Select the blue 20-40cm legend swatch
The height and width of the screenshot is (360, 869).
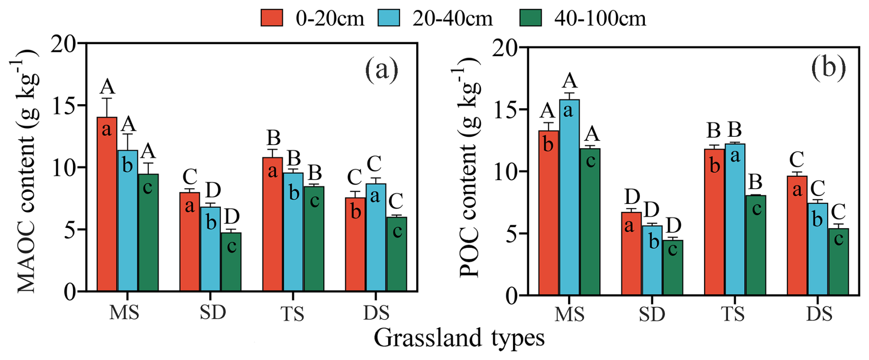pos(389,17)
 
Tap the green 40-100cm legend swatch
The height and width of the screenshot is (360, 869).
pos(530,17)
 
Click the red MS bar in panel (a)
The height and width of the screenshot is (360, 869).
pos(107,204)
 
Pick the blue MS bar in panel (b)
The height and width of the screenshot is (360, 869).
pos(569,197)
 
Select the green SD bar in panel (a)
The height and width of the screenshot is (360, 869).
pos(231,262)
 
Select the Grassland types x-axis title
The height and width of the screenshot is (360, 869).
pos(459,338)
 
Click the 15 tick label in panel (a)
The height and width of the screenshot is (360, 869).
pos(64,106)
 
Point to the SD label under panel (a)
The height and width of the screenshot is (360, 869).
pos(213,312)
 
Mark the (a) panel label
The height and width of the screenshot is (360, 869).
pos(382,69)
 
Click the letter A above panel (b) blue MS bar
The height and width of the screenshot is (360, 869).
pos(570,81)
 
